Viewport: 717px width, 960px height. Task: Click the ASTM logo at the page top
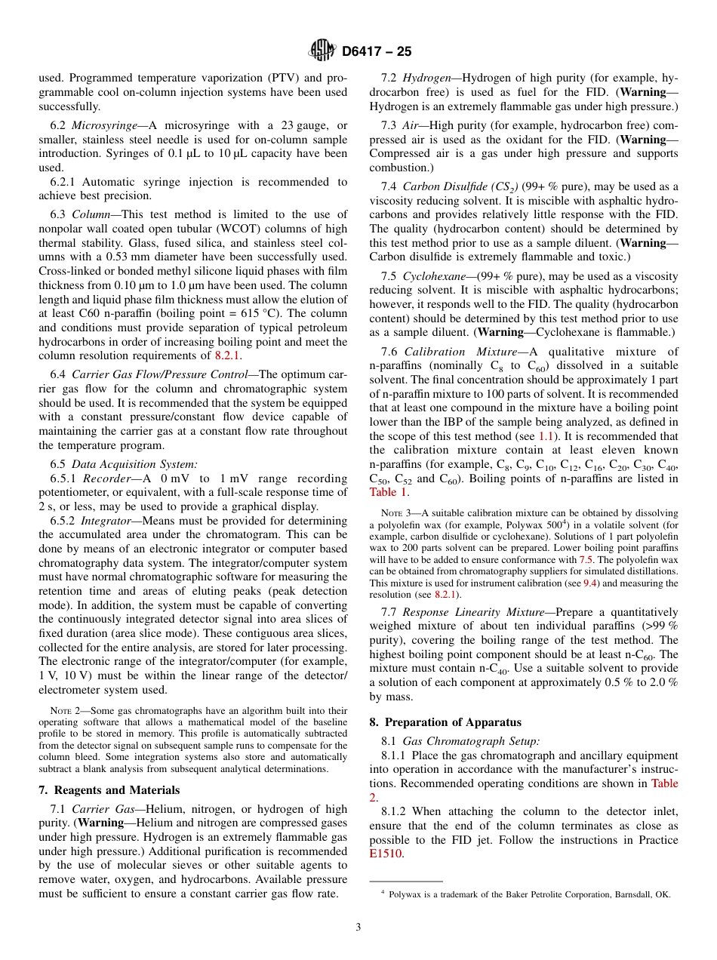[322, 51]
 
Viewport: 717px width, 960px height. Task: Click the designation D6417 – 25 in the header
[377, 51]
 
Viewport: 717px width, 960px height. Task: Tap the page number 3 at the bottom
[358, 928]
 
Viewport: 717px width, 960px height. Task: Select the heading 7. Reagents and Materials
[109, 790]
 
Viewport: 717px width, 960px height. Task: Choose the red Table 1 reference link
[388, 492]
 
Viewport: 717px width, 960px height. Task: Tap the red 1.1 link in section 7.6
[546, 436]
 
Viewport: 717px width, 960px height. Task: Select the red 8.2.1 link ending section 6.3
[228, 355]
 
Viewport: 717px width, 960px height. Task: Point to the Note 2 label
[60, 710]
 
